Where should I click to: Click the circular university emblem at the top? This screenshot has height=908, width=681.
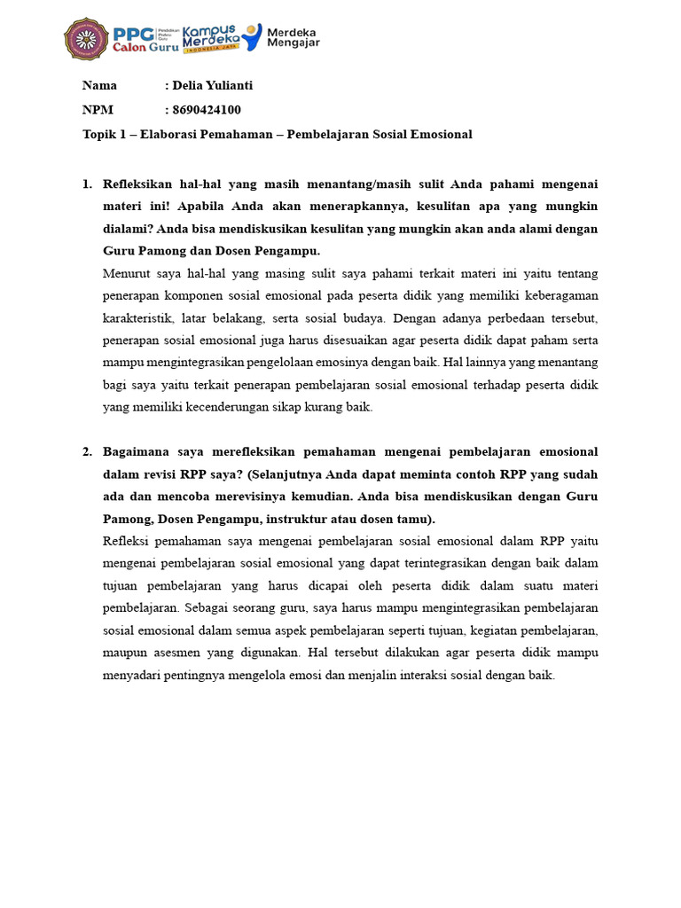(86, 39)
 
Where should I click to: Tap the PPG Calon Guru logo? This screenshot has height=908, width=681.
(144, 39)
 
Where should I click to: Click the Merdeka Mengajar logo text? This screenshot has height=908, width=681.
(293, 38)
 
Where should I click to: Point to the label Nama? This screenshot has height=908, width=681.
(99, 86)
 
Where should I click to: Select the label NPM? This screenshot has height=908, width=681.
(98, 110)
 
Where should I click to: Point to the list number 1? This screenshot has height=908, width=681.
(87, 184)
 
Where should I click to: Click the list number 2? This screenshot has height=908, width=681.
(87, 452)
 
